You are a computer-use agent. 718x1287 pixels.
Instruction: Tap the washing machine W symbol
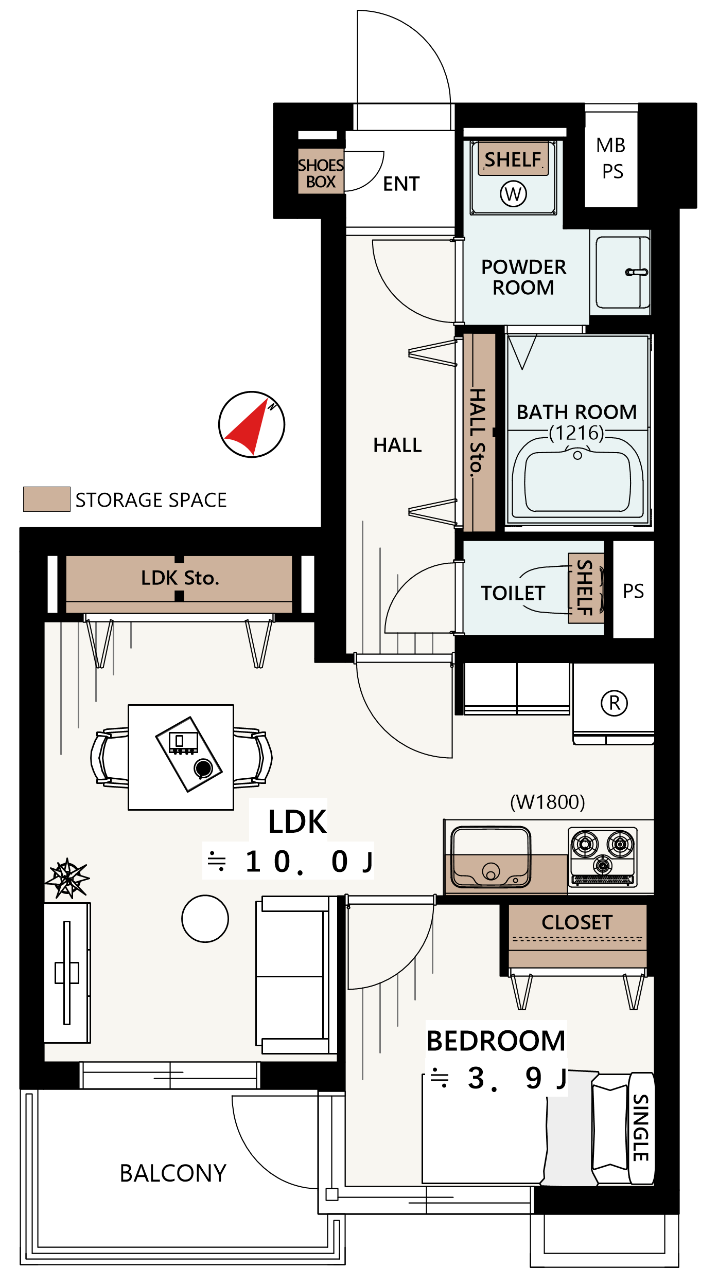click(513, 194)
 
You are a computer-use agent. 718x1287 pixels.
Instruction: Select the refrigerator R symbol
click(614, 703)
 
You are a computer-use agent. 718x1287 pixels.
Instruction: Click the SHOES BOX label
click(321, 173)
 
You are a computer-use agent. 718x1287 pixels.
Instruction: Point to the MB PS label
click(611, 158)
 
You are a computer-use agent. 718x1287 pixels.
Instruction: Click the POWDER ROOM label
click(523, 277)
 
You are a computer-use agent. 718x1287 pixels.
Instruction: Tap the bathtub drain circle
click(577, 455)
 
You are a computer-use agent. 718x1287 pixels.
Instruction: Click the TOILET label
click(513, 593)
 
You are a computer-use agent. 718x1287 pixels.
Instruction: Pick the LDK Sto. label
click(180, 578)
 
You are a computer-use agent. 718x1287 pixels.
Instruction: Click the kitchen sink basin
click(491, 857)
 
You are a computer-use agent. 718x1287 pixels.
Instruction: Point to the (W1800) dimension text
click(548, 802)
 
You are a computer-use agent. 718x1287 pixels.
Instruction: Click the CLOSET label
click(577, 922)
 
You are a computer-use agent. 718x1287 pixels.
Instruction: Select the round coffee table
click(205, 919)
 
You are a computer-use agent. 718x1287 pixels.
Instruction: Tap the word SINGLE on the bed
click(641, 1128)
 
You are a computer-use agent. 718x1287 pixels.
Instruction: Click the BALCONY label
click(173, 1173)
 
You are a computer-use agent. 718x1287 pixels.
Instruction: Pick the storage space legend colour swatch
click(47, 499)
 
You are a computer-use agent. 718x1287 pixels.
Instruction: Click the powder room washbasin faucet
click(637, 272)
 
